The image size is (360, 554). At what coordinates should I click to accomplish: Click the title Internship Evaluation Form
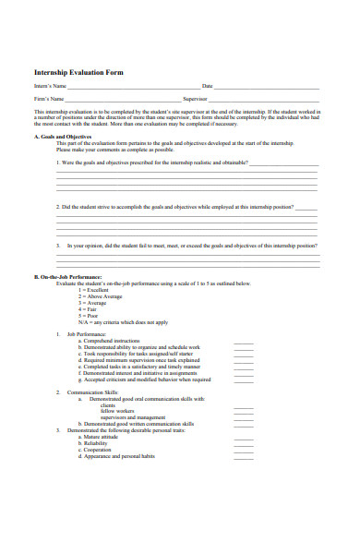click(78, 72)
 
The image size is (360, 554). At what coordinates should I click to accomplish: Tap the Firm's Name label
click(49, 98)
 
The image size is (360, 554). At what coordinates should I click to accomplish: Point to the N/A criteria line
click(125, 322)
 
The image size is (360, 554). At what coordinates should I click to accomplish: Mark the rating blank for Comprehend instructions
click(243, 342)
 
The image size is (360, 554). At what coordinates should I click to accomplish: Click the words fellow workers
click(117, 411)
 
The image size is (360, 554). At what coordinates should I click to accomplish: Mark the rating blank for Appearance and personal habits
click(243, 457)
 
